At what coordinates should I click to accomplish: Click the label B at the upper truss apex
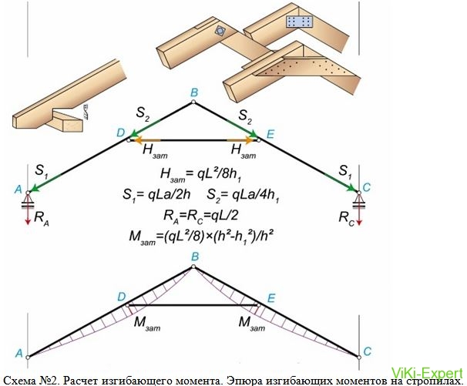click(194, 93)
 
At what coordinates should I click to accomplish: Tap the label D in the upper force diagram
click(121, 133)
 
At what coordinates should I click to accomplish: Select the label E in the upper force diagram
click(270, 134)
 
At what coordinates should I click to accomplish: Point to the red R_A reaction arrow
click(28, 214)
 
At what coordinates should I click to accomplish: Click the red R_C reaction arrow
click(359, 214)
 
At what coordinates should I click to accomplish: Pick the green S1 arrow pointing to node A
click(45, 183)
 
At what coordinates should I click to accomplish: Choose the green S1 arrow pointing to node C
click(341, 182)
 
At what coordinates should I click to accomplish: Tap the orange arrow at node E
click(241, 139)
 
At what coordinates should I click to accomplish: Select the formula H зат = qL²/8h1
click(200, 175)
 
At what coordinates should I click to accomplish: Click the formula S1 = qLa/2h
click(156, 196)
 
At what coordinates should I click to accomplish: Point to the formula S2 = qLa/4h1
click(243, 196)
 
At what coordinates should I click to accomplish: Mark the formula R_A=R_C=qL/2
click(200, 215)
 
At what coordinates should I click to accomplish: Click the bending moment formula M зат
click(201, 237)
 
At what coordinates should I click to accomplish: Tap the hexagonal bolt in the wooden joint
click(220, 31)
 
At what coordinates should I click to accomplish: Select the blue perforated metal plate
click(299, 22)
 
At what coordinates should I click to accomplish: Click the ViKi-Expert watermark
click(427, 373)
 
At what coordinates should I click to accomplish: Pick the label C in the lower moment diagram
click(368, 351)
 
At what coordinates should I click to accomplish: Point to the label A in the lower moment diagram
click(18, 353)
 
